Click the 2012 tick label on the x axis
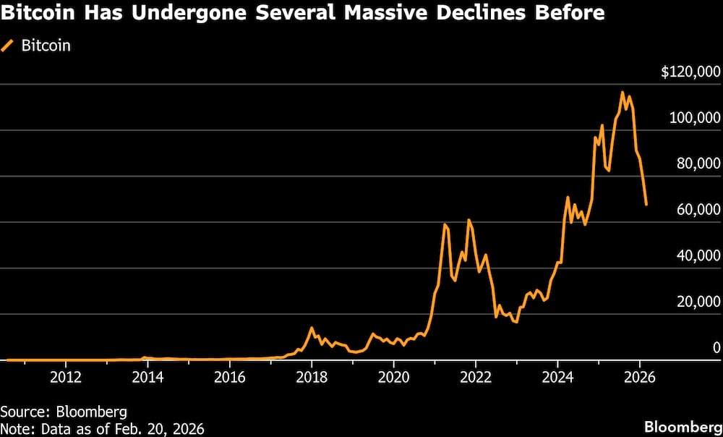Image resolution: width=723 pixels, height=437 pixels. click(66, 377)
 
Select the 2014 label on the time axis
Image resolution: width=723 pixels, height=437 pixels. click(147, 377)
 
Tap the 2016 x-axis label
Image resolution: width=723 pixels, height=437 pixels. click(229, 377)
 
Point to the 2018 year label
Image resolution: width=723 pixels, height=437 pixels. click(312, 377)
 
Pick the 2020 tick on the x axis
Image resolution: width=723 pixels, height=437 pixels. click(393, 377)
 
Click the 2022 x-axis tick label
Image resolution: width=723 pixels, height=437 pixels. click(476, 377)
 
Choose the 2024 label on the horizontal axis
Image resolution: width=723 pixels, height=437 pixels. click(557, 377)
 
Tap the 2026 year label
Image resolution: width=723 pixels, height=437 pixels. click(639, 377)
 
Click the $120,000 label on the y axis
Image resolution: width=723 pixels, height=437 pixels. click(690, 72)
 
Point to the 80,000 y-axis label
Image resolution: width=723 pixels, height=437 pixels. click(698, 164)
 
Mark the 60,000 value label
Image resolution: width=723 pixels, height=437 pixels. click(698, 209)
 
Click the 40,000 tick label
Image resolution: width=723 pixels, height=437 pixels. click(698, 255)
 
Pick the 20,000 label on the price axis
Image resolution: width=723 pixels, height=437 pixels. click(698, 301)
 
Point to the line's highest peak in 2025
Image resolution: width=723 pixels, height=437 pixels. click(623, 93)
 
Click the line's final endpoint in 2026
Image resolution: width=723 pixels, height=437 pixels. click(646, 205)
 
